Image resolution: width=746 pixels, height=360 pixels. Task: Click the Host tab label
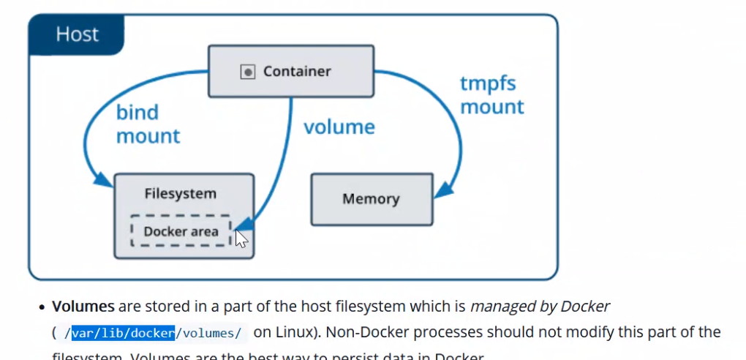pos(77,34)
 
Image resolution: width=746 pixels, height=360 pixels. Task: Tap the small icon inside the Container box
pos(248,72)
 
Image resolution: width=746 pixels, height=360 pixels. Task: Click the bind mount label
pos(147,124)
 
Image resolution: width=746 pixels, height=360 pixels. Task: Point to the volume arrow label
pos(339,127)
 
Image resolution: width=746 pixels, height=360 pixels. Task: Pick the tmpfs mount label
pos(491,94)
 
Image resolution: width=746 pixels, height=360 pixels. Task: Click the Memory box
pos(371,199)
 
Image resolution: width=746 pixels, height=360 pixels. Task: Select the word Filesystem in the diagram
pos(180,194)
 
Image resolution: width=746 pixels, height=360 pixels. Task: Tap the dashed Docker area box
pos(181,231)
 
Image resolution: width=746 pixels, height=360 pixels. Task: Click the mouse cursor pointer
pos(241,238)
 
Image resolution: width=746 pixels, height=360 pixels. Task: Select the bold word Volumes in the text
pos(83,306)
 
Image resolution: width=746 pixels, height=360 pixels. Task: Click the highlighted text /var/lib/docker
pos(119,333)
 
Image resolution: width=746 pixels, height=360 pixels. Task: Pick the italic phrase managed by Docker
pos(540,306)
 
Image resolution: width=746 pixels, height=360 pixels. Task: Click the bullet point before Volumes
pos(43,307)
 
